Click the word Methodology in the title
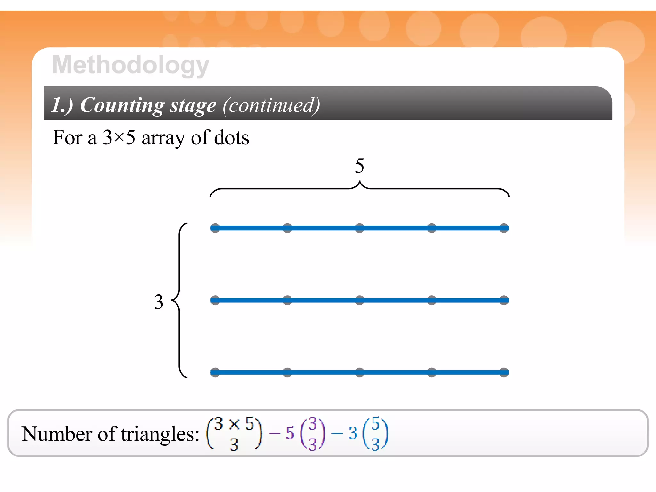pyautogui.click(x=131, y=65)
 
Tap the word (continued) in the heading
pyautogui.click(x=271, y=105)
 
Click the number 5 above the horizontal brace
pyautogui.click(x=359, y=166)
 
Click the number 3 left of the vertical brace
pyautogui.click(x=159, y=302)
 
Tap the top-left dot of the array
pyautogui.click(x=215, y=228)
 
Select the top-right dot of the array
pyautogui.click(x=504, y=228)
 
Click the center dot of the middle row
pyautogui.click(x=359, y=300)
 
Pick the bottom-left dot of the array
pyautogui.click(x=215, y=372)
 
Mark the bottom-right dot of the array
pyautogui.click(x=504, y=372)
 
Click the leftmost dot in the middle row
pyautogui.click(x=215, y=300)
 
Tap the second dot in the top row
pyautogui.click(x=287, y=228)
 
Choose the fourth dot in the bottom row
pyautogui.click(x=432, y=372)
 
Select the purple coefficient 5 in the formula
pyautogui.click(x=290, y=433)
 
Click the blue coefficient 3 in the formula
pyautogui.click(x=353, y=433)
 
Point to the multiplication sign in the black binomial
pyautogui.click(x=234, y=424)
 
